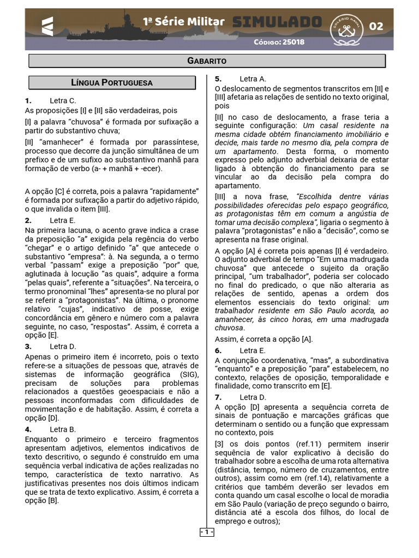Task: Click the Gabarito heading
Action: point(207,60)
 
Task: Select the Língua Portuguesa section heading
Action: point(112,83)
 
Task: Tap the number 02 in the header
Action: point(376,26)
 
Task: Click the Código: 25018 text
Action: point(279,42)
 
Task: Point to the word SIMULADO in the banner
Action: point(277,22)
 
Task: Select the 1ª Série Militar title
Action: point(183,21)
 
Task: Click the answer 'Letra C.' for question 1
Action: point(63,101)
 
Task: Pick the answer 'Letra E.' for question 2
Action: point(63,221)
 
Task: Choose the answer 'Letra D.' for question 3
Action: point(63,347)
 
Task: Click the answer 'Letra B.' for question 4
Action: point(63,429)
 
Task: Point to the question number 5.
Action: point(218,79)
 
